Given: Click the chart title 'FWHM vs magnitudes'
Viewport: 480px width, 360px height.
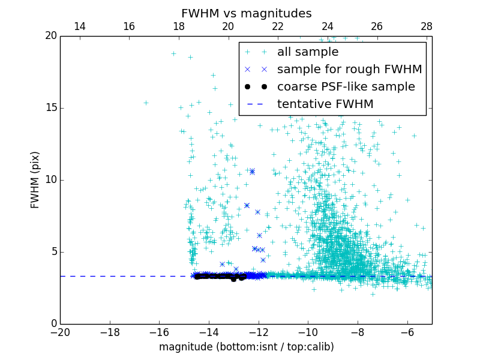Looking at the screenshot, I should point(246,13).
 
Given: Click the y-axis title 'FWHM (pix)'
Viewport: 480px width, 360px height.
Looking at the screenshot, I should point(35,180).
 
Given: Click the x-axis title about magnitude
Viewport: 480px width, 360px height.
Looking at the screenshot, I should point(246,347).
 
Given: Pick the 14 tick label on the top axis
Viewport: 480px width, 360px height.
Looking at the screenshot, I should point(79,26).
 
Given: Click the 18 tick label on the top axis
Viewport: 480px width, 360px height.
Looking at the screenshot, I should point(178,26).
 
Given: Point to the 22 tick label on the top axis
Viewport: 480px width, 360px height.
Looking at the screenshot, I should point(277,26).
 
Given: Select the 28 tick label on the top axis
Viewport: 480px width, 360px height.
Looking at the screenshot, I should point(426,26).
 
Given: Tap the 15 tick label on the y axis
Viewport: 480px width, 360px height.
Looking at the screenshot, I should point(50,108).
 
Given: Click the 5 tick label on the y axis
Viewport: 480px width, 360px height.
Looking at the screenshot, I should point(53,252).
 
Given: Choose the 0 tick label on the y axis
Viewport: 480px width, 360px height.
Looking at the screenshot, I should point(53,324).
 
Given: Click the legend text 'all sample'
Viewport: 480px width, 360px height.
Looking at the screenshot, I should point(308,52).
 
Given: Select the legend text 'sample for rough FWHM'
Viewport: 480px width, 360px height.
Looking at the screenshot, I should point(349,70).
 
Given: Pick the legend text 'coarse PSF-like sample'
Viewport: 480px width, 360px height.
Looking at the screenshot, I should point(346,87).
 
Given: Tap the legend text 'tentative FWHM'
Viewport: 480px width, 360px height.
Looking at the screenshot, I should point(325,104).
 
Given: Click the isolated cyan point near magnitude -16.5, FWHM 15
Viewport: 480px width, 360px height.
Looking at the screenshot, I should point(146,103).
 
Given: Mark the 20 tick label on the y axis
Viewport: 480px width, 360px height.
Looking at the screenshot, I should point(50,36).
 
